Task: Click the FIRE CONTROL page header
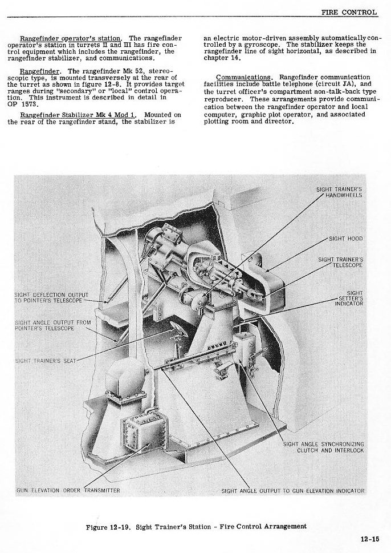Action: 349,11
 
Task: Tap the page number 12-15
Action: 372,538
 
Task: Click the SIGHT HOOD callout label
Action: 345,238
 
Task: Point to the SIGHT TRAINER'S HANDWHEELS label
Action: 339,192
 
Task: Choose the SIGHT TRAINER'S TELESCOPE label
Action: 340,262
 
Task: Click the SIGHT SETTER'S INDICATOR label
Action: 348,298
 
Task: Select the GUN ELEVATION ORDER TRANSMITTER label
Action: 68,490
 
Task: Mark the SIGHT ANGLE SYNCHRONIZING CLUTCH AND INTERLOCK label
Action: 324,447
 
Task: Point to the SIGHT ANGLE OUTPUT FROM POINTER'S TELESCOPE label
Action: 52,326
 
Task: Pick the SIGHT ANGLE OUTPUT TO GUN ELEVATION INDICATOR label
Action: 292,490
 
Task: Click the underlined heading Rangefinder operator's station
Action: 72,38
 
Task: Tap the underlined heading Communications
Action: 243,77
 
